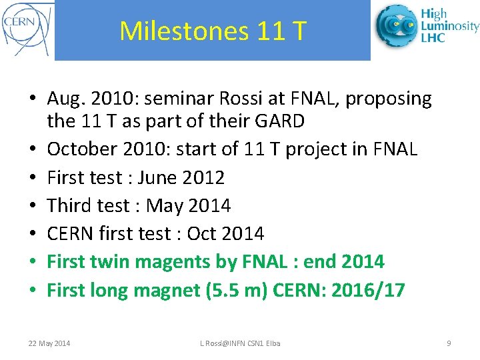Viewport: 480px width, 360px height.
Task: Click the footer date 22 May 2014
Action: (x=49, y=343)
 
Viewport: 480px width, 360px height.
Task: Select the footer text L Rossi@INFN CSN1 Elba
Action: (x=241, y=343)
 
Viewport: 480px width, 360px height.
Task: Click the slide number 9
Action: (x=449, y=343)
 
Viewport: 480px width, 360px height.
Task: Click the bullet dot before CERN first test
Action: (x=33, y=234)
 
